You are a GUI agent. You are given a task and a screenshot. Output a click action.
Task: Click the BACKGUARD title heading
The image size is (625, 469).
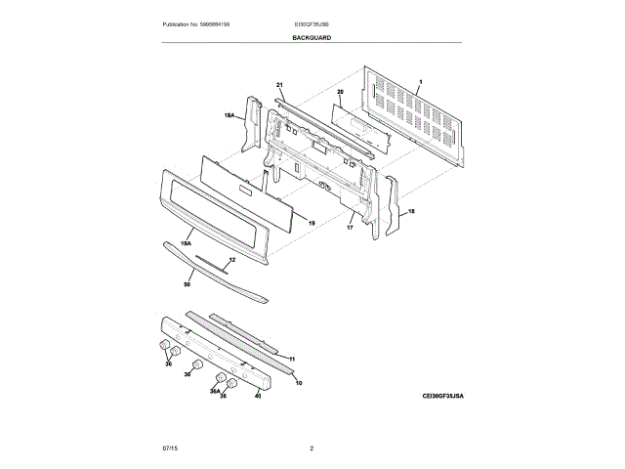click(312, 37)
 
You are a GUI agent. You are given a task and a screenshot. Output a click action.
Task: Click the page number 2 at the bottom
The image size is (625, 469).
click(312, 448)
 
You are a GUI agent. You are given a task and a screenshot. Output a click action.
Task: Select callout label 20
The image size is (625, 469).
click(341, 93)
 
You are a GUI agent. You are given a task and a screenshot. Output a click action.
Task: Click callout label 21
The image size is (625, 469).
click(278, 85)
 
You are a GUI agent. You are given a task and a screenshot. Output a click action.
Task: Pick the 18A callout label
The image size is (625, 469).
click(229, 116)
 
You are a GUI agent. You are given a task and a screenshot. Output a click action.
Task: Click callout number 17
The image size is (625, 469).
click(349, 227)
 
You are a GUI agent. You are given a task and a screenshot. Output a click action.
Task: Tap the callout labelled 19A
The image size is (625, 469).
click(186, 238)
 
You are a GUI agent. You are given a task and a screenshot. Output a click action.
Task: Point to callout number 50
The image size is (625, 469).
click(187, 284)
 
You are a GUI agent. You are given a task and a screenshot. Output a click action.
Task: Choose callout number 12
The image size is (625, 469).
click(231, 260)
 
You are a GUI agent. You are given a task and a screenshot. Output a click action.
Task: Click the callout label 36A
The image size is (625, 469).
click(215, 391)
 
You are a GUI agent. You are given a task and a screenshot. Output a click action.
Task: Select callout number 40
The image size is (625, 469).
click(258, 396)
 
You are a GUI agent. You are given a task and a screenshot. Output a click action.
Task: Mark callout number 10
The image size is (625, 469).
click(299, 382)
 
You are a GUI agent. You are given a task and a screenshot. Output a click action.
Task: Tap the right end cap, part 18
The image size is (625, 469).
click(391, 205)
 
